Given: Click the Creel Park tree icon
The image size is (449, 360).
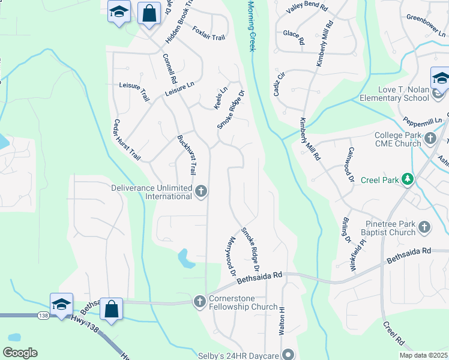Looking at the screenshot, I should [408, 179].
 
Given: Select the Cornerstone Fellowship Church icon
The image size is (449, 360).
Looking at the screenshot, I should [200, 302].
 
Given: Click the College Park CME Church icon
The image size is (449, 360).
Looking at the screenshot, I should [430, 139].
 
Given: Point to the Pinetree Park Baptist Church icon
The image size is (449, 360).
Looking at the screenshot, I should [424, 227].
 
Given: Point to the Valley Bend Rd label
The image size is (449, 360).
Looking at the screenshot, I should [307, 8].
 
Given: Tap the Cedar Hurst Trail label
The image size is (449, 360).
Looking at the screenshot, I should [127, 140].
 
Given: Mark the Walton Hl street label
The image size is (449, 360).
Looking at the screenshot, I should [281, 322].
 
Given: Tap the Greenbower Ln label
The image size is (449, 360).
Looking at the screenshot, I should [426, 17].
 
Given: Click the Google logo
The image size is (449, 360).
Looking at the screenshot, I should [20, 353].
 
